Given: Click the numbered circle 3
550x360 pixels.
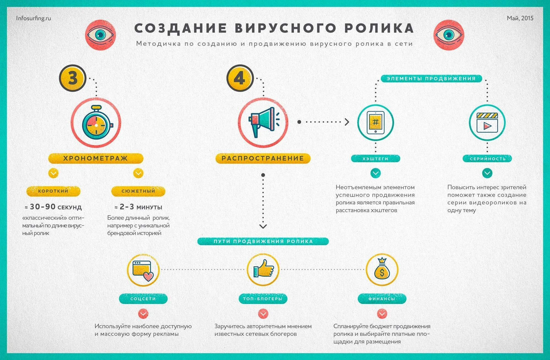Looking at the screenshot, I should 73,78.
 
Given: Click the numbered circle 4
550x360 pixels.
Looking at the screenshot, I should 240,78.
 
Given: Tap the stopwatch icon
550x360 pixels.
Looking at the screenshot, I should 96,123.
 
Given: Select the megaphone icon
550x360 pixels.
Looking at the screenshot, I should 263,122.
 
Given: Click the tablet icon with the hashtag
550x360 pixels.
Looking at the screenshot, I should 375,122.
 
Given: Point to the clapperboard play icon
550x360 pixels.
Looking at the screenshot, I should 487,123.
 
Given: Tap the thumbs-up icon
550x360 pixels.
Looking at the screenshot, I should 263,269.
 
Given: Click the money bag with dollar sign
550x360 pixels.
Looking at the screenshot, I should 382,269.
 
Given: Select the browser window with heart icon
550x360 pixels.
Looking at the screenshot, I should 143,270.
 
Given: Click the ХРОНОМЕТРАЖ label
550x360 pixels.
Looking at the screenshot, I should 96,159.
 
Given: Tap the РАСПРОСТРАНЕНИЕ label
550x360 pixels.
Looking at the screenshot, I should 263,159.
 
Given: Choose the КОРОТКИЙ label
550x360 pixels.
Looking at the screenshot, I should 53,191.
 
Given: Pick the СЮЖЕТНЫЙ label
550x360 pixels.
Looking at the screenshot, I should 138,191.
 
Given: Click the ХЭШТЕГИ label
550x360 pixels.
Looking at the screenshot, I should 375,159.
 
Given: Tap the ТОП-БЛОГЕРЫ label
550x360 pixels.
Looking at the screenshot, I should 263,299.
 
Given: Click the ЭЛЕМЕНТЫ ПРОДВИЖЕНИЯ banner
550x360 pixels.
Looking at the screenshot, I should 431,79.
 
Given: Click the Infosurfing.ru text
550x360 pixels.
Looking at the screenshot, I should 34,18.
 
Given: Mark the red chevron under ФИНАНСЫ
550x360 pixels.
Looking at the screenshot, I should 381,314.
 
